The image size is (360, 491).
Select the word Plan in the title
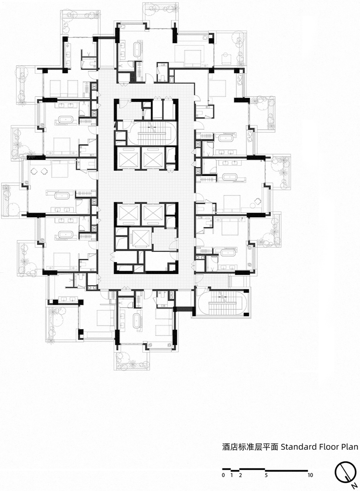tap(350, 447)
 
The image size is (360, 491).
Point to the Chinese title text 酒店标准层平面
tap(250, 447)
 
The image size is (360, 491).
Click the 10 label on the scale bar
tap(310, 475)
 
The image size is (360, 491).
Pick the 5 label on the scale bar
tap(266, 475)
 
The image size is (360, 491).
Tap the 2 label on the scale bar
tap(240, 475)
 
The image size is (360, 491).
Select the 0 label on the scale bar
tap(223, 475)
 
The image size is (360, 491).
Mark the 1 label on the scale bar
tap(232, 475)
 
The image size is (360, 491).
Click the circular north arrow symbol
tap(345, 472)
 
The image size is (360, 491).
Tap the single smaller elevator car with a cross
tap(140, 239)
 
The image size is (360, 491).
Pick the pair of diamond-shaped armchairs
tap(39, 171)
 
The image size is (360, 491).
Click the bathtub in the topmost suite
tap(136, 49)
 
